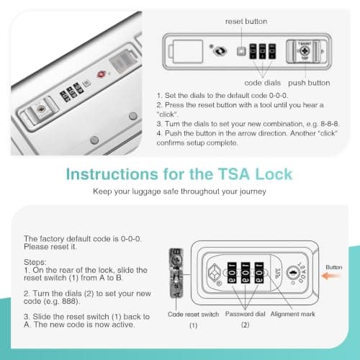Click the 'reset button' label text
coord(246,22)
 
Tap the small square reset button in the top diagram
coord(241,51)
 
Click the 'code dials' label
coord(262,83)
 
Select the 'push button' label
coord(309,83)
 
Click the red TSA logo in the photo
coord(101,74)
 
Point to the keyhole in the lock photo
coord(41,109)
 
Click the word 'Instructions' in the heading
coord(112,174)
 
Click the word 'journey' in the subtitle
coord(253,192)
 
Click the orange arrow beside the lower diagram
coord(330,276)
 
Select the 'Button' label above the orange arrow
coord(334,267)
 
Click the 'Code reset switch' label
coord(193,314)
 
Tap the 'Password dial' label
coord(245,314)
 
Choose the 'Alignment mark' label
coord(293,314)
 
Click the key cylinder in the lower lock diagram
coord(293,273)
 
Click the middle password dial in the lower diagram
coord(246,273)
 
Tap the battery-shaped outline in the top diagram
coord(186,51)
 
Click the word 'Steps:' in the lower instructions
coord(35,262)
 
